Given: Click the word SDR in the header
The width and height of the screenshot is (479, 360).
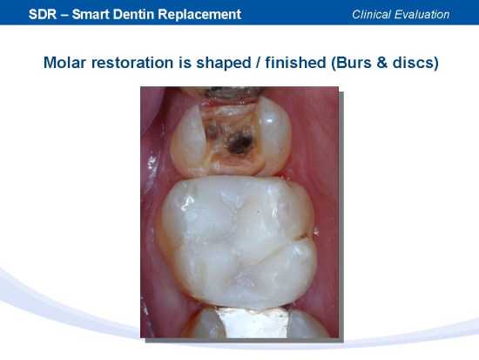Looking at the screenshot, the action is [x=43, y=14].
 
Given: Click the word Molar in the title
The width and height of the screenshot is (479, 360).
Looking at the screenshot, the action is [x=65, y=63].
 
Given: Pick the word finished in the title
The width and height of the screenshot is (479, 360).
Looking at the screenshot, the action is [x=295, y=63].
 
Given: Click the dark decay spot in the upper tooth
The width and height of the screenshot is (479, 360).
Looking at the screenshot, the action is [x=240, y=143].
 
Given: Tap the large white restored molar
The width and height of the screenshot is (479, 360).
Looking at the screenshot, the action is [x=237, y=241].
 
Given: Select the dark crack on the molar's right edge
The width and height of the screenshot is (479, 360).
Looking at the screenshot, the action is [x=301, y=236].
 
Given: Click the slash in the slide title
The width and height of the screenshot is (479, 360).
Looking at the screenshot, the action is [x=258, y=63].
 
